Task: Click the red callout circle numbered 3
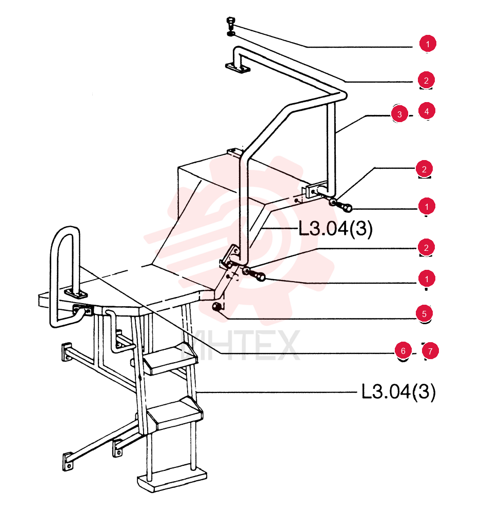pos(399,114)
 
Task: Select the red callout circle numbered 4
pos(427,111)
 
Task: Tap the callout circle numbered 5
pos(424,313)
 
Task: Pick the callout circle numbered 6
pos(403,351)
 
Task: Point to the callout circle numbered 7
pos(430,351)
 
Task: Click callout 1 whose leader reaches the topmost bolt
pos(428,44)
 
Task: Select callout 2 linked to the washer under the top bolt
pos(426,80)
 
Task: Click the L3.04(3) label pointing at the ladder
pos(398,391)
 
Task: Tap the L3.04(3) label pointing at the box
pos(335,228)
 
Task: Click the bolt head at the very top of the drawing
pos(231,22)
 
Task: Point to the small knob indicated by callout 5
pos(217,307)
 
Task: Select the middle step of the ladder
pos(175,413)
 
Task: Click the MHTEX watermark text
pos(240,345)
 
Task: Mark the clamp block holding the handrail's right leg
pos(316,190)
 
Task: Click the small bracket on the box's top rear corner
pos(235,152)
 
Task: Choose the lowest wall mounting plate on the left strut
pos(68,461)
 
